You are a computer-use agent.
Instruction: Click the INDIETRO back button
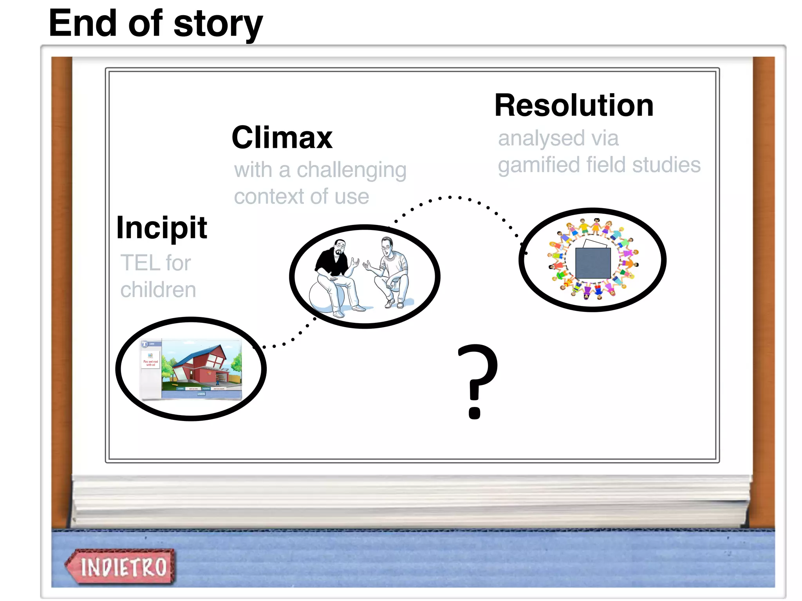pyautogui.click(x=121, y=567)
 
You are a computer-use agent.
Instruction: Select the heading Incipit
pyautogui.click(x=162, y=228)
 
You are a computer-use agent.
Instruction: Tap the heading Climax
pyautogui.click(x=282, y=138)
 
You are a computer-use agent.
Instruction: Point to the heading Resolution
pyautogui.click(x=574, y=106)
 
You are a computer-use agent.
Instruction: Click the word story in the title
pyautogui.click(x=218, y=24)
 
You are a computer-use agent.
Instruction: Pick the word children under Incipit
pyautogui.click(x=158, y=290)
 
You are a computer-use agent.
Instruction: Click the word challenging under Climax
pyautogui.click(x=351, y=171)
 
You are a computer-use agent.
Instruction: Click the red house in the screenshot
pyautogui.click(x=200, y=364)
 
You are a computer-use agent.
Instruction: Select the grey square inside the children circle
pyautogui.click(x=593, y=263)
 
